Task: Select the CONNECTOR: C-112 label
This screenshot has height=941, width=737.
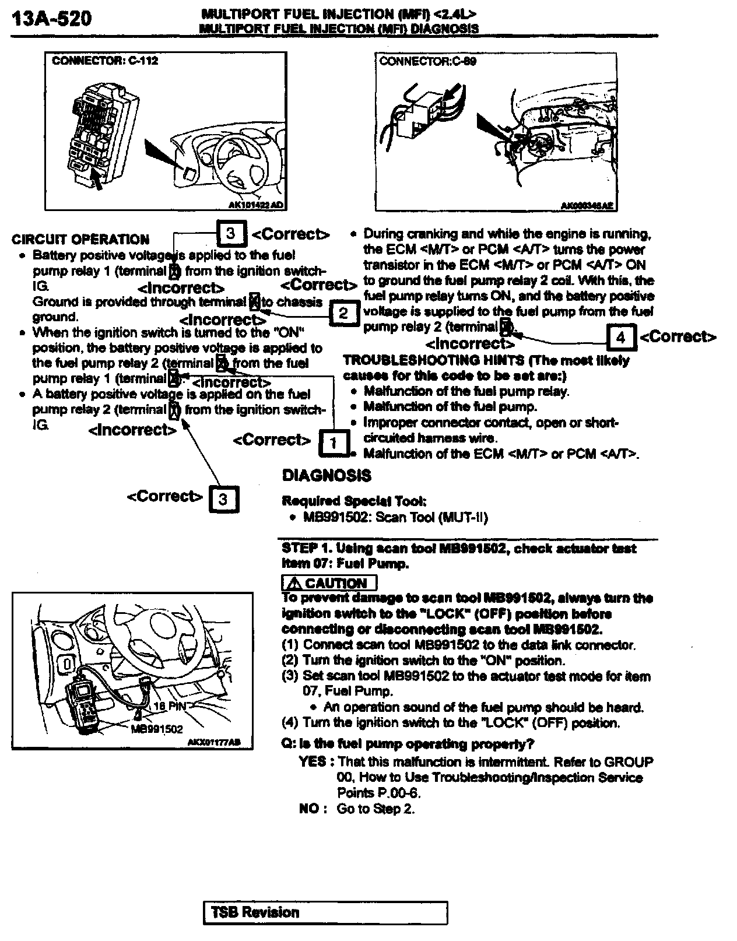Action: click(105, 61)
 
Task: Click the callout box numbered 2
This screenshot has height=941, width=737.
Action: click(343, 313)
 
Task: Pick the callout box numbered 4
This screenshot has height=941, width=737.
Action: click(620, 337)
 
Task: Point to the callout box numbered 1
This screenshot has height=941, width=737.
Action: click(333, 443)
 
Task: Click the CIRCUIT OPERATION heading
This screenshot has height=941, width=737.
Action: click(80, 240)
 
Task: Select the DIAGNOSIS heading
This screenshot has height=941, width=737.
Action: click(326, 476)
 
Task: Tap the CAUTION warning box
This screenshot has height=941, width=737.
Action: click(329, 583)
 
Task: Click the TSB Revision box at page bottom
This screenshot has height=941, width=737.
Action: click(325, 912)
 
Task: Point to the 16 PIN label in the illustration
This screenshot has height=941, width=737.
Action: click(169, 706)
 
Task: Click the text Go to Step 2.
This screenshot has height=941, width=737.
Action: click(375, 809)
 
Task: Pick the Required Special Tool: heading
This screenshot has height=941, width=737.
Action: click(354, 501)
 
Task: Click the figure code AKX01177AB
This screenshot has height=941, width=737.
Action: click(214, 742)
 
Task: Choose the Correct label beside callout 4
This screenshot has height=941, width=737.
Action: click(678, 336)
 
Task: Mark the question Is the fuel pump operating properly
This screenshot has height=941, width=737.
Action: click(408, 744)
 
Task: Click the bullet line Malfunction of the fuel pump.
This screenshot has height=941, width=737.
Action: click(450, 406)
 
